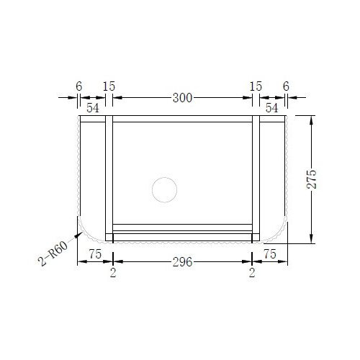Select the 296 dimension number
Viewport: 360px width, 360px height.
click(182, 263)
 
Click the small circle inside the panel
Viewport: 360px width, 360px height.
click(164, 189)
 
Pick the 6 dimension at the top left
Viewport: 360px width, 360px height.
click(78, 86)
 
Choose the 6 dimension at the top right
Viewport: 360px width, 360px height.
click(286, 86)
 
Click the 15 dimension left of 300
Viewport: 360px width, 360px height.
click(109, 86)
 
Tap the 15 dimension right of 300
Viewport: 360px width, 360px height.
click(256, 86)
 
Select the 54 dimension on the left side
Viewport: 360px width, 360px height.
click(93, 107)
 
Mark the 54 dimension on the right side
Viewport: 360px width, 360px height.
click(271, 107)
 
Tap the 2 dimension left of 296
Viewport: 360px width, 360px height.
click(113, 271)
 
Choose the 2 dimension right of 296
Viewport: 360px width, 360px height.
click(252, 271)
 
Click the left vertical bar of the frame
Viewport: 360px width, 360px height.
click(109, 176)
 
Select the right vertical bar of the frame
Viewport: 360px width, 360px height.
click(255, 176)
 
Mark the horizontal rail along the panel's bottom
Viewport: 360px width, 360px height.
click(182, 232)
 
